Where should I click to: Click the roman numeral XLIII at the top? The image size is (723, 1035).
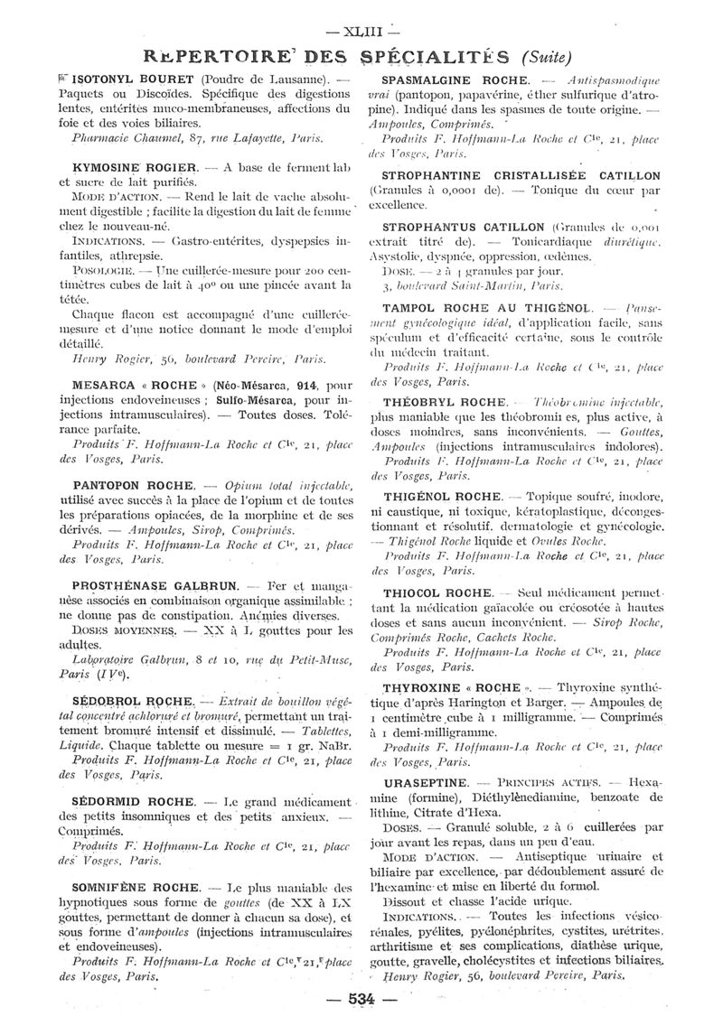pos(361,19)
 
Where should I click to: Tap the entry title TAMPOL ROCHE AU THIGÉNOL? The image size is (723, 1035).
pos(486,308)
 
